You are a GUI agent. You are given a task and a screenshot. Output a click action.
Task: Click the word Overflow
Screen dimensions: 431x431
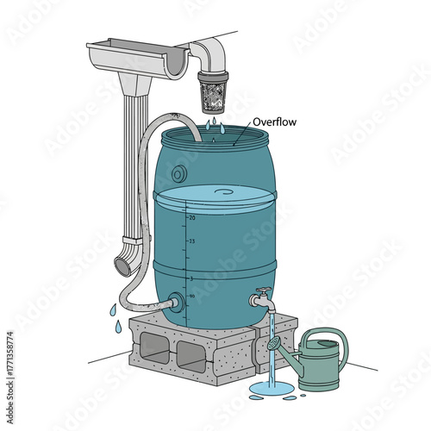click(x=275, y=122)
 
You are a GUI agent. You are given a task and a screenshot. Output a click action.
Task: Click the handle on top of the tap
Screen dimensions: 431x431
click(x=265, y=290)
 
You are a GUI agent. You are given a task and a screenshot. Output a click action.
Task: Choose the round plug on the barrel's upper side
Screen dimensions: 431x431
click(x=178, y=173)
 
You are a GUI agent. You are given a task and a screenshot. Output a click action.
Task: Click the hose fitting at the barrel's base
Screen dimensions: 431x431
click(x=177, y=302)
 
